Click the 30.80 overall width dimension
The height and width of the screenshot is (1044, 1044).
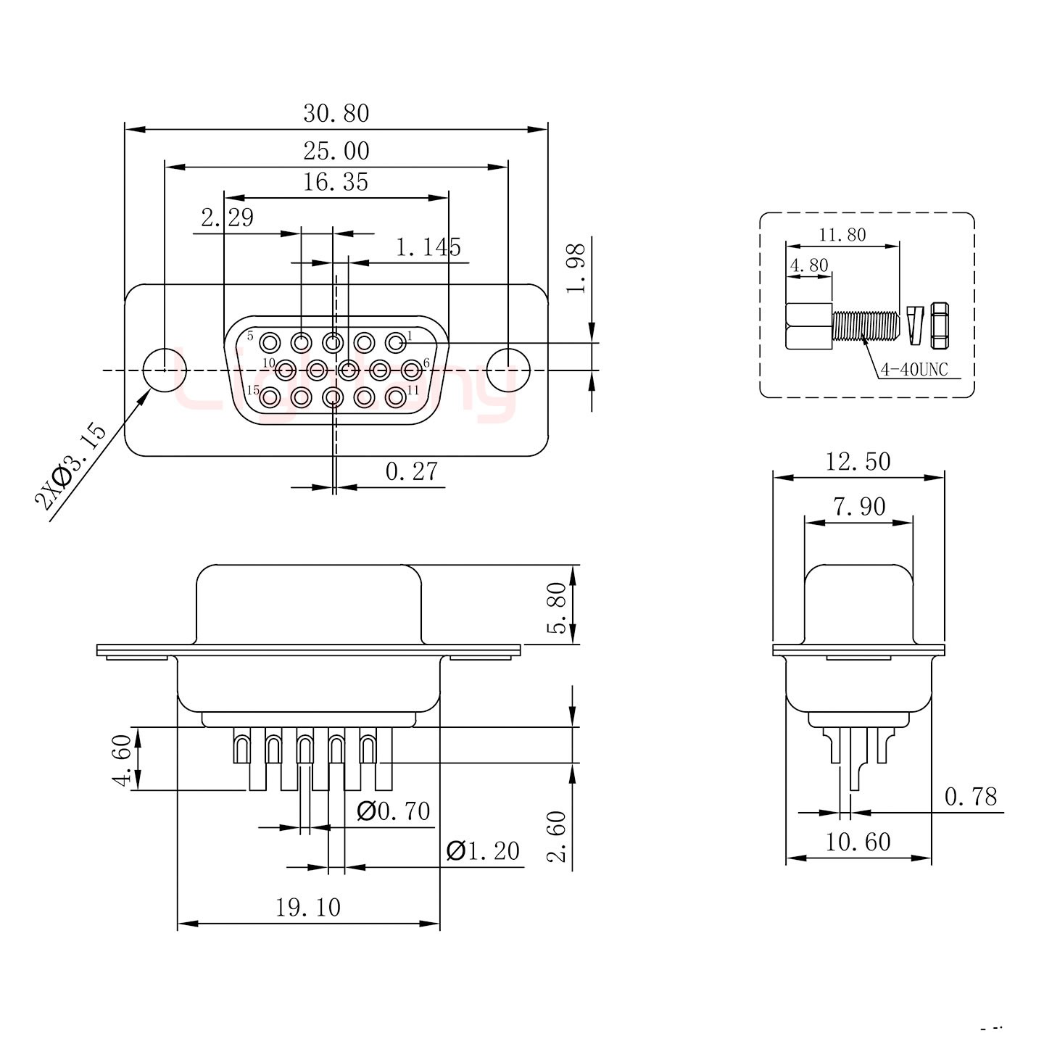click(x=336, y=114)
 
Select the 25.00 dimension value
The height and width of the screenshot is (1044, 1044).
click(x=336, y=151)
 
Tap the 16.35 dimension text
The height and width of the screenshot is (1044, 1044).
click(x=335, y=182)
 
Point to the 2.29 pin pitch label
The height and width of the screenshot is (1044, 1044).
click(x=228, y=217)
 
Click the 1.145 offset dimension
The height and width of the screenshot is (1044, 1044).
click(x=428, y=248)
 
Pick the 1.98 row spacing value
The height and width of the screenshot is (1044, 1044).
click(x=576, y=268)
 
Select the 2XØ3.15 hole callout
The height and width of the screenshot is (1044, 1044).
click(x=70, y=468)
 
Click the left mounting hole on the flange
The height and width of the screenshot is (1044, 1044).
click(x=161, y=370)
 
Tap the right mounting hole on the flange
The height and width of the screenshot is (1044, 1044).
click(x=507, y=370)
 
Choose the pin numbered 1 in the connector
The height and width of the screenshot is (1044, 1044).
click(x=395, y=341)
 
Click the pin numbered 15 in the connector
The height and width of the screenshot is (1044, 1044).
click(x=270, y=397)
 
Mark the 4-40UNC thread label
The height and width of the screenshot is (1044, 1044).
click(x=914, y=370)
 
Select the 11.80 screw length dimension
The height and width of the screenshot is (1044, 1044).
click(x=842, y=235)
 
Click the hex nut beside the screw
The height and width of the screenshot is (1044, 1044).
click(x=940, y=324)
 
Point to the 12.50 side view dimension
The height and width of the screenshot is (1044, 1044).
click(x=858, y=462)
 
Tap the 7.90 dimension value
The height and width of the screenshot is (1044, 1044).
click(x=859, y=507)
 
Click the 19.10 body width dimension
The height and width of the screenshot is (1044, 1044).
click(x=308, y=907)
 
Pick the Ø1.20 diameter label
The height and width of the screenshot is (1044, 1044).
click(x=484, y=850)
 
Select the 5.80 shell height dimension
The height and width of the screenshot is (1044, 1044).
click(x=558, y=607)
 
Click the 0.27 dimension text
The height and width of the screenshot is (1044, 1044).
click(x=411, y=472)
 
